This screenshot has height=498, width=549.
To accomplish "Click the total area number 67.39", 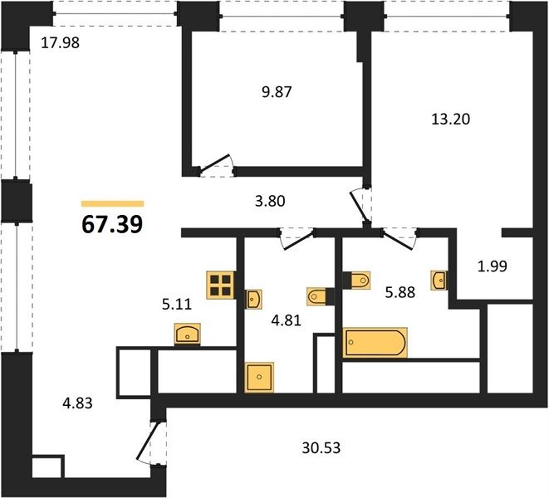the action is (112, 224).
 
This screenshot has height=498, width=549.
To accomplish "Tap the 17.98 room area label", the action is (61, 42).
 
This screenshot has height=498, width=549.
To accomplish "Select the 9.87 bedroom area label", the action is (277, 92).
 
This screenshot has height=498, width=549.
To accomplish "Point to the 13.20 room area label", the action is (450, 120).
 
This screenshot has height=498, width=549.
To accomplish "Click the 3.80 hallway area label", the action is (270, 201).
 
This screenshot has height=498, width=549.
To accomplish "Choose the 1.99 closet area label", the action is (493, 266).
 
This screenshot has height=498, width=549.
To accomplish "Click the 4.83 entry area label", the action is (77, 403).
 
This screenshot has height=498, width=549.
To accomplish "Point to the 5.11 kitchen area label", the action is (177, 304).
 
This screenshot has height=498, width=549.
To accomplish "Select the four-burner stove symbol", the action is (221, 286).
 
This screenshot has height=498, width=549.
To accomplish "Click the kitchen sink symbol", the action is (188, 334).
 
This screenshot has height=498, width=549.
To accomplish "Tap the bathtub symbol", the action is (375, 343).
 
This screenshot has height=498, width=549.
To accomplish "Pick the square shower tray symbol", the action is (259, 377).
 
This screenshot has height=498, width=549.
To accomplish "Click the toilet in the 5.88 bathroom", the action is (357, 281).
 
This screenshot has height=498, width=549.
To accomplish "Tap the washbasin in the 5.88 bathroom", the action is (439, 281).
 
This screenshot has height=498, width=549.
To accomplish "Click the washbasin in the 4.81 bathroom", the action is (252, 300).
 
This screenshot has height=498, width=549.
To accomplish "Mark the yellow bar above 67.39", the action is (112, 203).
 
